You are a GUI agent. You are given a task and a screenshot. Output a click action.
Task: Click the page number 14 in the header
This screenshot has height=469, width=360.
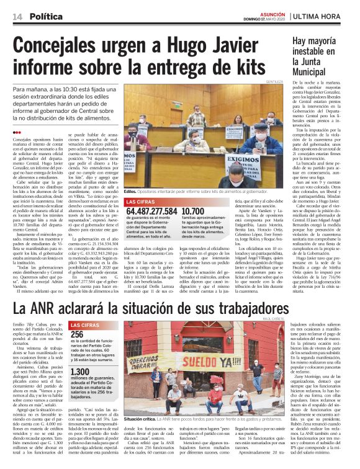click(x=17, y=16)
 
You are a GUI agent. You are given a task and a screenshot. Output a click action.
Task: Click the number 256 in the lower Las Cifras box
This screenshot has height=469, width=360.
click(x=79, y=334)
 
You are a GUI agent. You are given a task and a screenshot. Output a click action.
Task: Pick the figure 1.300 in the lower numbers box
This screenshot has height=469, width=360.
click(x=83, y=372)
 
